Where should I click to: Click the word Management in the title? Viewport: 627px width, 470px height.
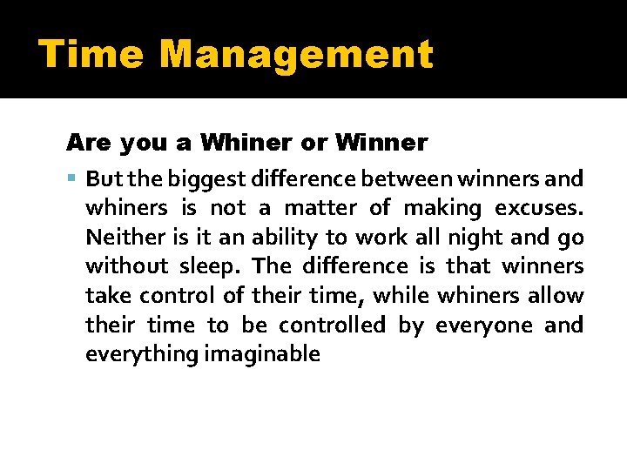tap(296, 55)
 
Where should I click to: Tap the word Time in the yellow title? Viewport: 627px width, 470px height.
tap(91, 55)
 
